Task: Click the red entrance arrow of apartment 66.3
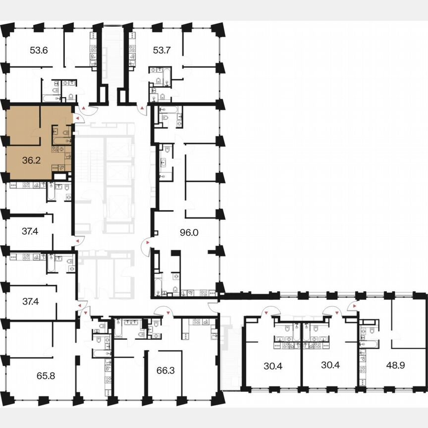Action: [158, 313]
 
